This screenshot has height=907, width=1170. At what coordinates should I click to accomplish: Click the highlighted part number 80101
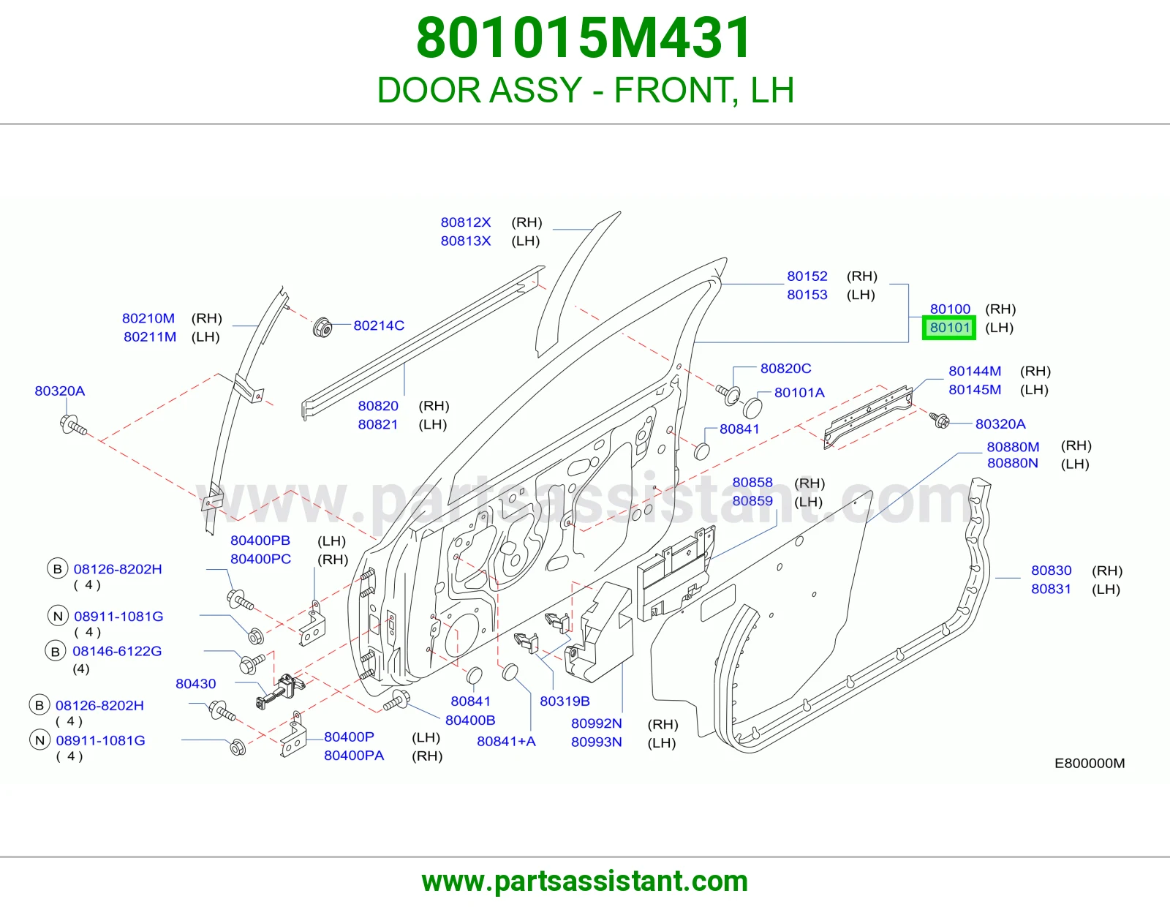click(x=949, y=328)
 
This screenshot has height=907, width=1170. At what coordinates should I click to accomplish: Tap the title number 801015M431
click(x=584, y=38)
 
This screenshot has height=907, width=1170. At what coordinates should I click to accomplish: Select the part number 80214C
click(x=379, y=325)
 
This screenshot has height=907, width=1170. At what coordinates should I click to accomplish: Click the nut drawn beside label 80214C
click(x=322, y=328)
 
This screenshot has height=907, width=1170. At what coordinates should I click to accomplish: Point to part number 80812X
click(x=466, y=222)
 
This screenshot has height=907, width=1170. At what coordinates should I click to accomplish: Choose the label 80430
click(x=195, y=683)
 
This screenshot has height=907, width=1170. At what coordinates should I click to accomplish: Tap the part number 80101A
click(x=799, y=393)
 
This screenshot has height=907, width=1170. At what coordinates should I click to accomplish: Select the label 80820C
click(x=785, y=369)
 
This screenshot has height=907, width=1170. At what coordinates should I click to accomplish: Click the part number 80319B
click(x=565, y=701)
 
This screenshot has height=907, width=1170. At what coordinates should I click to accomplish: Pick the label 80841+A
click(x=506, y=741)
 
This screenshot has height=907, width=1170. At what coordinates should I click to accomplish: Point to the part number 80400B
click(x=470, y=720)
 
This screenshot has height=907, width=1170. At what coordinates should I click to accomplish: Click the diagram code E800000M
click(x=1090, y=763)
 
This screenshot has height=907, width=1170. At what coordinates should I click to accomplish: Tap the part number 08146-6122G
click(x=117, y=651)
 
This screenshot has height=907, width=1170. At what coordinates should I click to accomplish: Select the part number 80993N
click(x=596, y=742)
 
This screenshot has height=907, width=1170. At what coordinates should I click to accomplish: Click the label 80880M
click(x=1013, y=446)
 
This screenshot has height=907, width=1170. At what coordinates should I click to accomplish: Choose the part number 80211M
click(x=150, y=336)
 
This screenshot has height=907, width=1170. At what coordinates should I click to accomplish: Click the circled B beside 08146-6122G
click(x=55, y=651)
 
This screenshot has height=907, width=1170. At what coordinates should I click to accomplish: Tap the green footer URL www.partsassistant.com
click(x=585, y=881)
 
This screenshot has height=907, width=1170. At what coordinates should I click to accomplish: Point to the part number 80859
click(x=752, y=501)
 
